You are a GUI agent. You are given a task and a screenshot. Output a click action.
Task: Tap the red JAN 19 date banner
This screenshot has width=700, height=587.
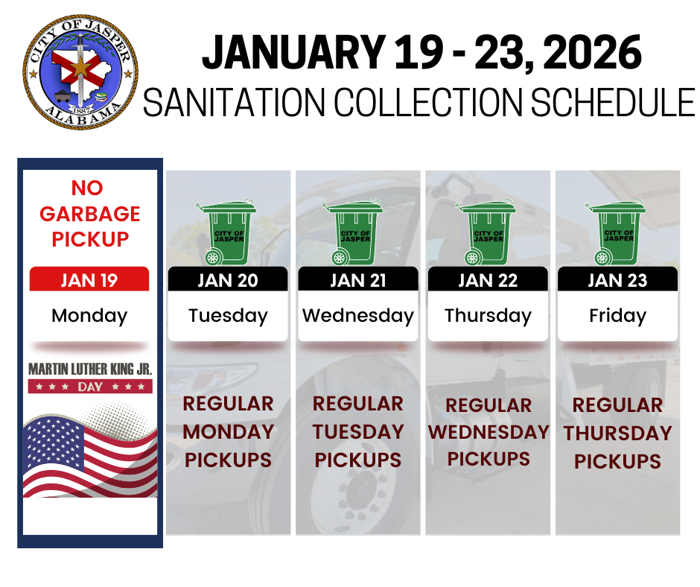click(89, 280)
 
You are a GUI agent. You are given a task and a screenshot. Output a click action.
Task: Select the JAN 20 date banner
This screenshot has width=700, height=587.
click(228, 280)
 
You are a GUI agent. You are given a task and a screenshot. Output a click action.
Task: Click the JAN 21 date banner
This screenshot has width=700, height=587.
click(358, 280)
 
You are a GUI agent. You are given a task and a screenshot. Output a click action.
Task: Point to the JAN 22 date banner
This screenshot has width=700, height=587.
click(488, 280)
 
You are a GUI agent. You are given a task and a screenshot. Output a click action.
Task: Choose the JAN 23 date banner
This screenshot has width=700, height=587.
click(617, 280)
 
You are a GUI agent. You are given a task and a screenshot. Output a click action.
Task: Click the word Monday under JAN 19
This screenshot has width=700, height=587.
click(89, 315)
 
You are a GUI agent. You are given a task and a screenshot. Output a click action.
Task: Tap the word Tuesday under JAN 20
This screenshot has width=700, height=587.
click(228, 315)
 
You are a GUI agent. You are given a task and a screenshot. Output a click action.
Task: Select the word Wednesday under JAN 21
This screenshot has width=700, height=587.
click(358, 315)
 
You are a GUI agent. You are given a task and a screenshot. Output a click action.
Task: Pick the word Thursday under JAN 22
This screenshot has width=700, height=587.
click(488, 315)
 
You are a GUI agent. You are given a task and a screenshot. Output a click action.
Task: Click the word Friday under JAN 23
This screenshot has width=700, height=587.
click(617, 315)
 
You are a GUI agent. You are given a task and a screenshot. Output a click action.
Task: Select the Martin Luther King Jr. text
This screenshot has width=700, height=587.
click(90, 369)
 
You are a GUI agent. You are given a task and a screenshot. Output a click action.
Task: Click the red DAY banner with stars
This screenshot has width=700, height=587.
click(90, 387)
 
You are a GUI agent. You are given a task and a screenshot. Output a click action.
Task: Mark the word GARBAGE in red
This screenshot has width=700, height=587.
click(89, 214)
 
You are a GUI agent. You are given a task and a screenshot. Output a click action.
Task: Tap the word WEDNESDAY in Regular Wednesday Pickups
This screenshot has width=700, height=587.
click(488, 432)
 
